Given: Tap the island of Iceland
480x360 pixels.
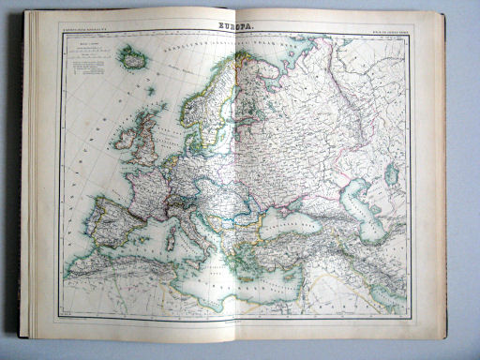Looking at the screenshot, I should coord(134,59).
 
